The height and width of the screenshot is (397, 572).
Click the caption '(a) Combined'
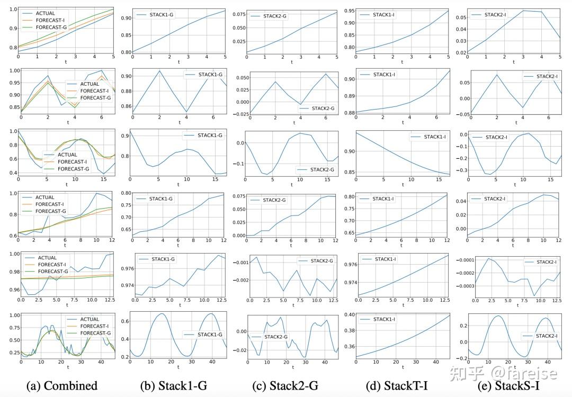pyautogui.click(x=62, y=386)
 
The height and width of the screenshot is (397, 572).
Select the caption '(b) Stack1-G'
pyautogui.click(x=173, y=386)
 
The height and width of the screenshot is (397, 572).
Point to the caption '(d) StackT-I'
pyautogui.click(x=396, y=386)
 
